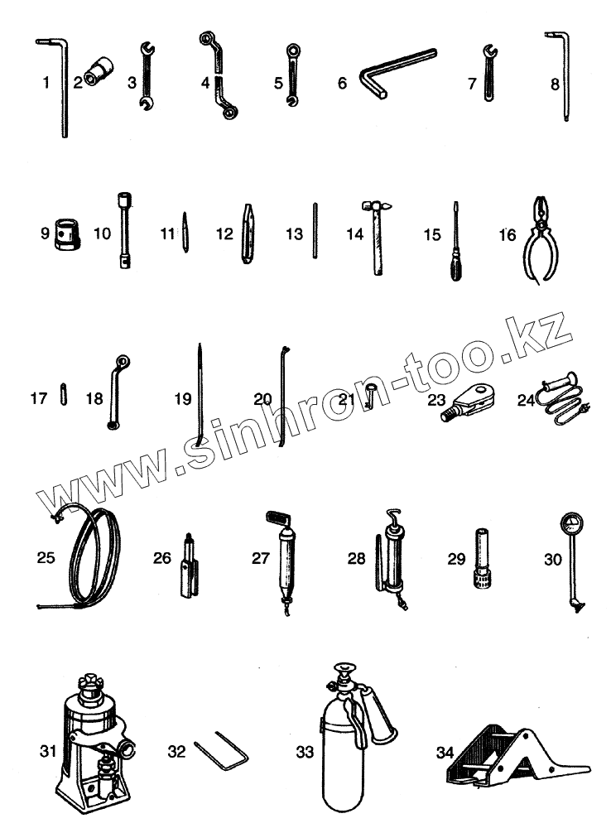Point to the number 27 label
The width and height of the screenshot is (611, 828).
click(x=261, y=558)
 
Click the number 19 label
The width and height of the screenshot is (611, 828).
click(x=182, y=399)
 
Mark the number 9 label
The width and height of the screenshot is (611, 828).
click(x=45, y=234)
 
